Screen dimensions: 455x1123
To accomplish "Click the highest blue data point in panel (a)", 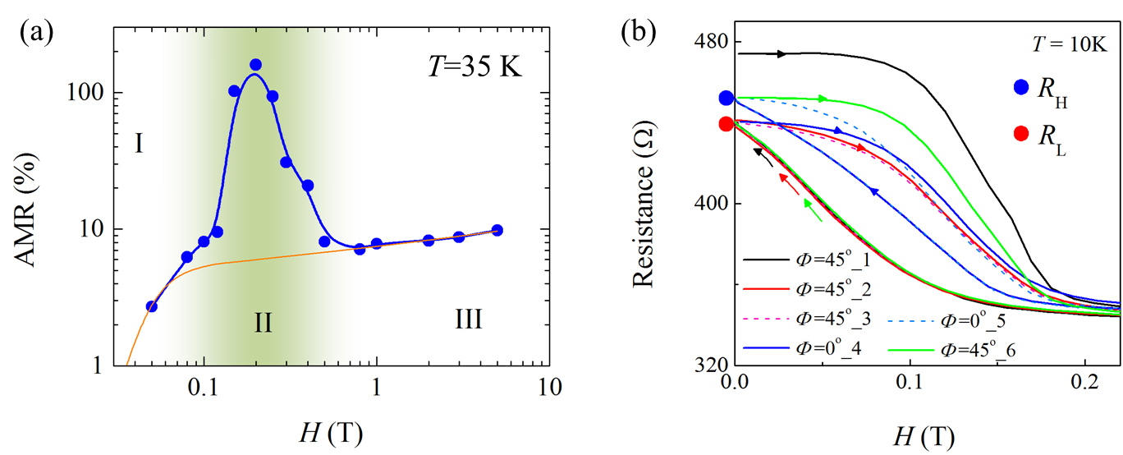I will [x=255, y=65].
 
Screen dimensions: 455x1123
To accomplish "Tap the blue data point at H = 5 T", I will [x=497, y=230].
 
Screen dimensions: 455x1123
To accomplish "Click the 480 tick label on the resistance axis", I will [x=710, y=42].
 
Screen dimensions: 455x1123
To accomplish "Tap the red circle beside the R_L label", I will [x=1021, y=134].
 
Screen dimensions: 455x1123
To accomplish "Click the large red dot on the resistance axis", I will [x=726, y=124].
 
